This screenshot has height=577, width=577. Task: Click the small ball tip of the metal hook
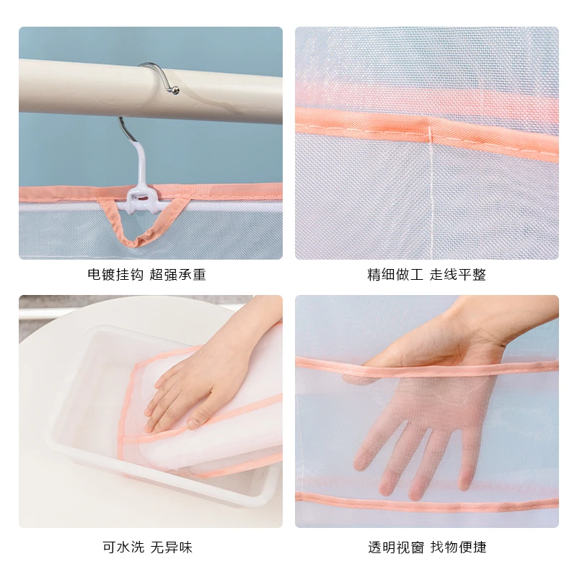point(173,91)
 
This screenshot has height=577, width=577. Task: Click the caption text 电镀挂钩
point(116,275)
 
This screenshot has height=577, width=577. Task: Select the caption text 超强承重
point(177,275)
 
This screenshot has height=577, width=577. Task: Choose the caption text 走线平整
point(458,275)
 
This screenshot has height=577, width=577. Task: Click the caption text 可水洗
point(124,547)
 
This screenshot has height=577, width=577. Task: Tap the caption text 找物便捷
point(458,547)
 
